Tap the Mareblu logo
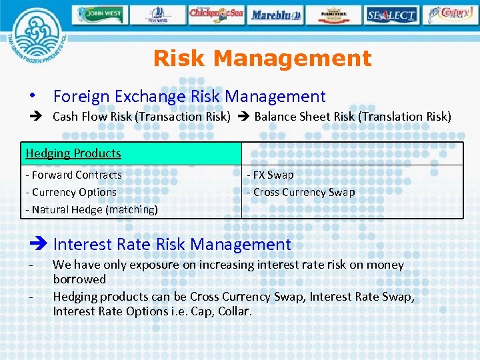point(275,14)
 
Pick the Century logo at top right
point(451,14)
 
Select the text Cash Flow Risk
point(93,117)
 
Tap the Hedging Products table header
point(73,153)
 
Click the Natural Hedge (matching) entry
point(91,209)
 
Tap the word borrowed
point(79,279)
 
